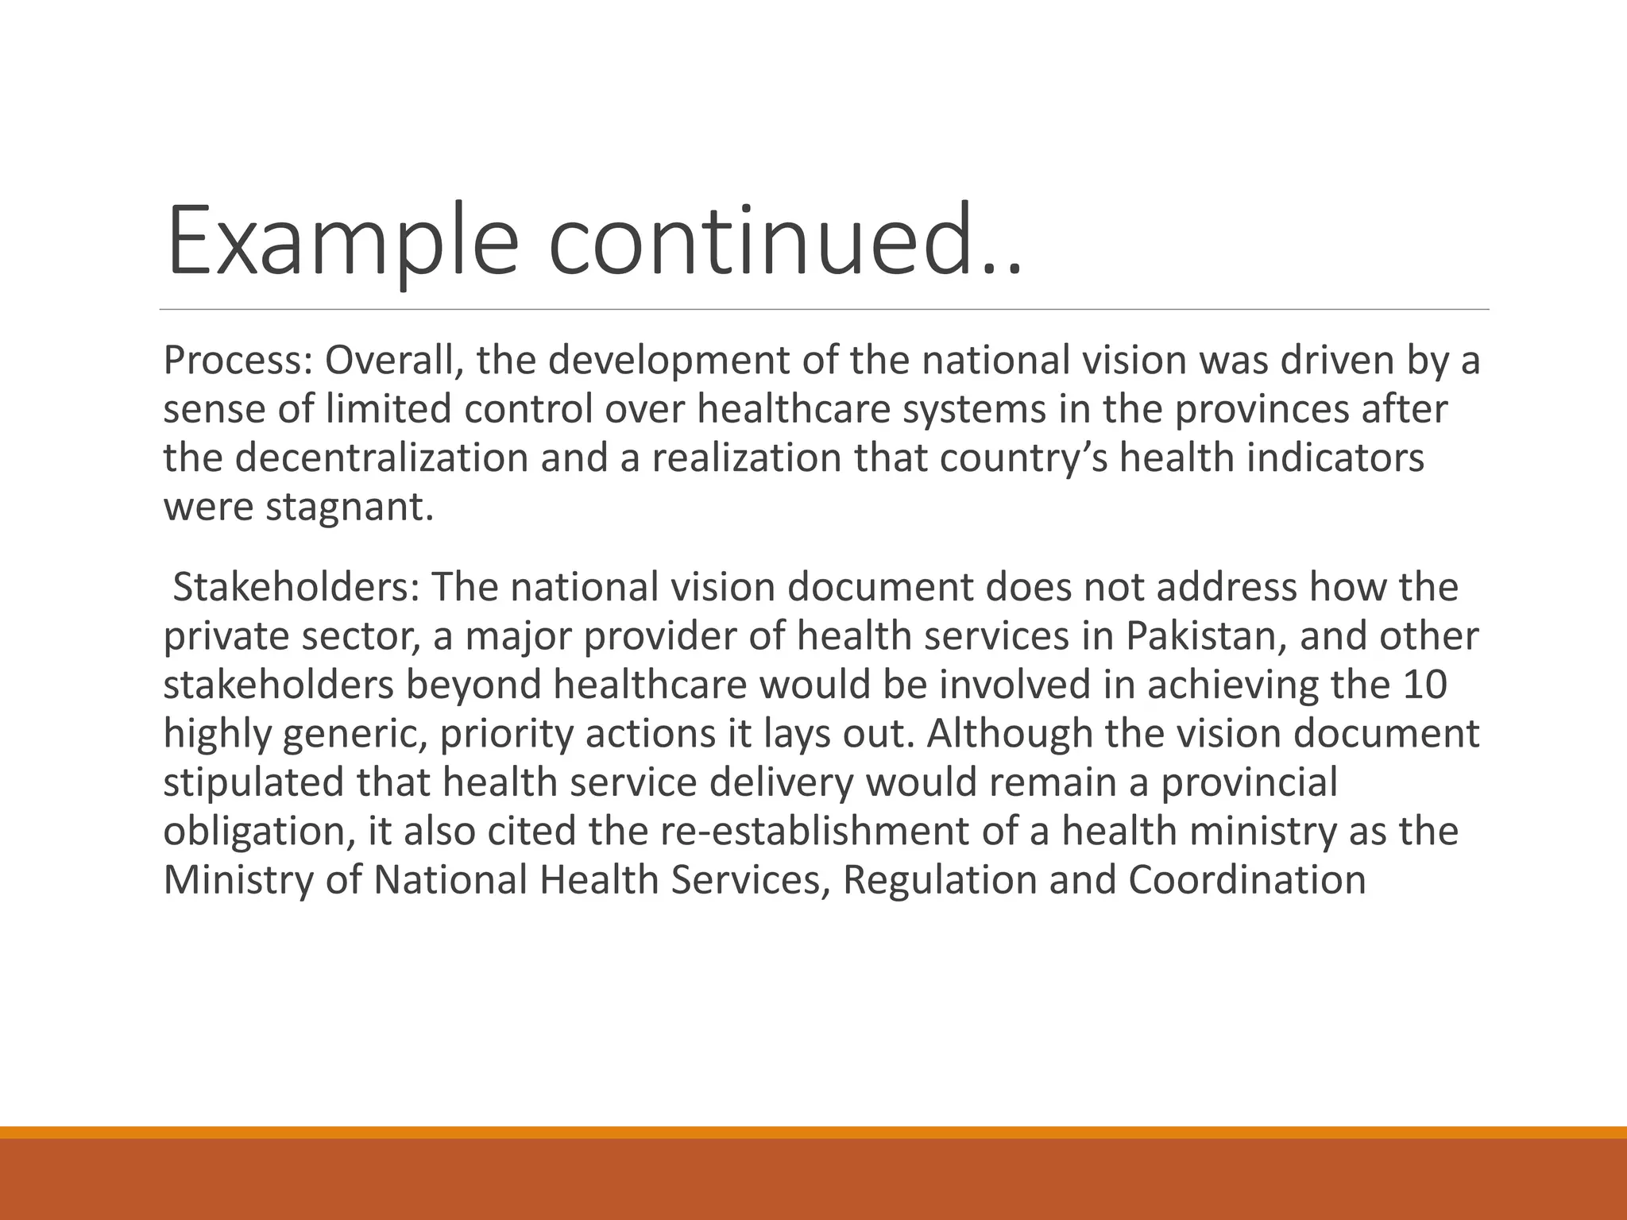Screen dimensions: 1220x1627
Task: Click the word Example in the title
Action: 342,241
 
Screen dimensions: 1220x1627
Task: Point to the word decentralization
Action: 381,458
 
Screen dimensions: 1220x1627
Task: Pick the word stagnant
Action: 350,508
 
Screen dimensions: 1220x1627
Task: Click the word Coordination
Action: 1246,881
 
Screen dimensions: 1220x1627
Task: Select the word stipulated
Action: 253,783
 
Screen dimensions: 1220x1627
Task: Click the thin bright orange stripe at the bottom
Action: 813,1133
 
